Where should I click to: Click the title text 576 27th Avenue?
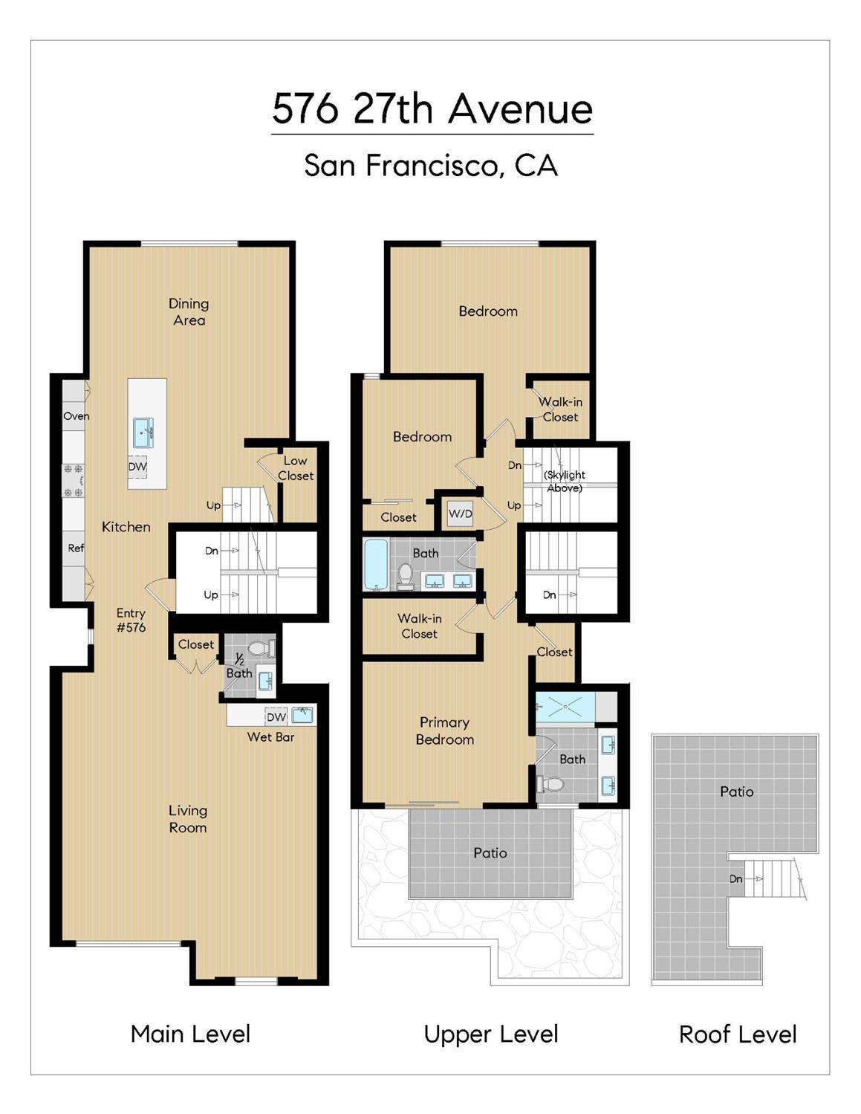coord(432,109)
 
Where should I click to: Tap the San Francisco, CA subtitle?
coord(431,165)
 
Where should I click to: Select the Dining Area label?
coord(189,312)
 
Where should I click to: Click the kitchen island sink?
coord(143,432)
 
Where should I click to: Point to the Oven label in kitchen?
coord(76,416)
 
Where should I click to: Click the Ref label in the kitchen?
coord(76,548)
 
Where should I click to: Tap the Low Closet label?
coord(296,468)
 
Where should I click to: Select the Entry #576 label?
coord(131,620)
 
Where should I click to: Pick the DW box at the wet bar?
coord(276,717)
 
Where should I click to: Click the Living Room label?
coord(187,819)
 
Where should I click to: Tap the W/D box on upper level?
coord(460,514)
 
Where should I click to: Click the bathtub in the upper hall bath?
coord(376,565)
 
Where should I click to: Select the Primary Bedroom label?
coord(444,731)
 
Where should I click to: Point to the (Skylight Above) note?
coord(565,482)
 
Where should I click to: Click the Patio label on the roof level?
coord(736,792)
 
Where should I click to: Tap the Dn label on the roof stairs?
coord(735,879)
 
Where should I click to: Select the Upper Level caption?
coord(491,1034)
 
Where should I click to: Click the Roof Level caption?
coord(738,1034)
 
